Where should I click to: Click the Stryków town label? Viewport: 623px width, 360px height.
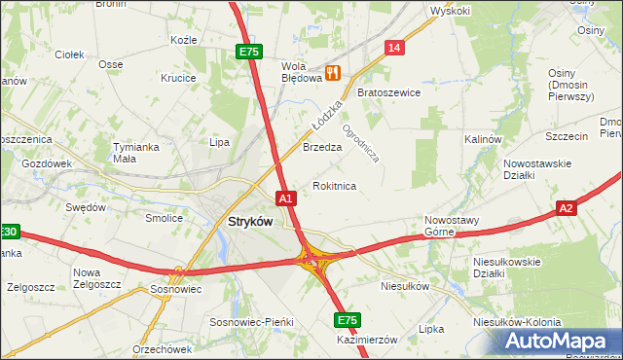250,221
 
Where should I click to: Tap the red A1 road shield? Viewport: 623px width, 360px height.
285,198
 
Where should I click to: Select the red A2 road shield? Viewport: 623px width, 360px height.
568,208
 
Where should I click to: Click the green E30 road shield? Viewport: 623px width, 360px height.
8,232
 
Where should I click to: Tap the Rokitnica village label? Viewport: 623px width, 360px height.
334,185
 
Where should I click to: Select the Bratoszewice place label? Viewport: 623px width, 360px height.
388,93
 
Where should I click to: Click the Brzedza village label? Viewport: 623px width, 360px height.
321,148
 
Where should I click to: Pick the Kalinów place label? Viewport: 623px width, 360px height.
482,139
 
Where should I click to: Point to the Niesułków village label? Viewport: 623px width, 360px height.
405,287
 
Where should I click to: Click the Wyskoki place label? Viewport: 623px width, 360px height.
451,12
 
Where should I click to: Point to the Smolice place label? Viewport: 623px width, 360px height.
164,218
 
